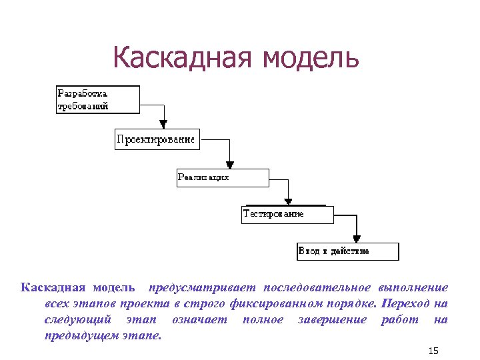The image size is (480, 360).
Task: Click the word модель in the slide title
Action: click(x=312, y=58)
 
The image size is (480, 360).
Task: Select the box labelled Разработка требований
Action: click(x=97, y=99)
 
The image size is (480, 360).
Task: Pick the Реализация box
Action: click(x=223, y=178)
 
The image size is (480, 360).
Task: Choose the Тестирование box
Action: click(x=287, y=215)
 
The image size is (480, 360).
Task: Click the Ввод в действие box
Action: click(x=347, y=251)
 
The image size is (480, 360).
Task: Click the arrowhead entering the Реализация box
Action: click(x=230, y=163)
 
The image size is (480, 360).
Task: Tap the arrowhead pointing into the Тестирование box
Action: click(x=289, y=201)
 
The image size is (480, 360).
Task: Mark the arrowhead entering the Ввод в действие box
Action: click(x=357, y=238)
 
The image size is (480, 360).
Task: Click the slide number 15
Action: click(x=434, y=351)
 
